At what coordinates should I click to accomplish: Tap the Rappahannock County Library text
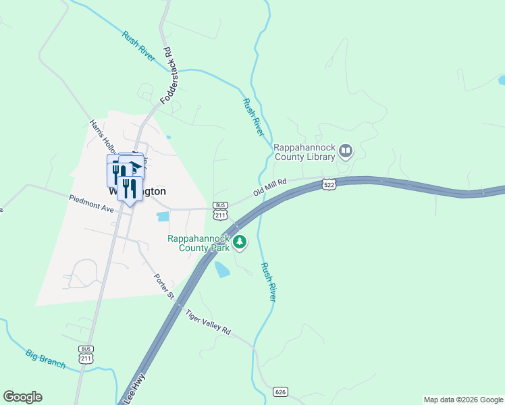coord(304,152)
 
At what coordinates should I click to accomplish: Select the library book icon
coord(346,151)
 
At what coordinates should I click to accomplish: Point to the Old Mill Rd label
coord(270,187)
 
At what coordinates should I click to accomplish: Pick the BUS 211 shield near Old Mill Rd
coord(219,211)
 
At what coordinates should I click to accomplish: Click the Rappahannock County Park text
coord(199,243)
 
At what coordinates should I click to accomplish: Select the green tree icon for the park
coord(239,242)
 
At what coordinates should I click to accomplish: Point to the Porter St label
coord(163,286)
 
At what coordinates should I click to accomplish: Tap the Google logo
coord(22,397)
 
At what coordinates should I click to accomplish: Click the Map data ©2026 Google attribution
coord(462,400)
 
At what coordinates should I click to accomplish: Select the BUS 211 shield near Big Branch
coord(86,354)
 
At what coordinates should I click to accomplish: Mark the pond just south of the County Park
coord(221,270)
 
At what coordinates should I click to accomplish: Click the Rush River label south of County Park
coord(269,282)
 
